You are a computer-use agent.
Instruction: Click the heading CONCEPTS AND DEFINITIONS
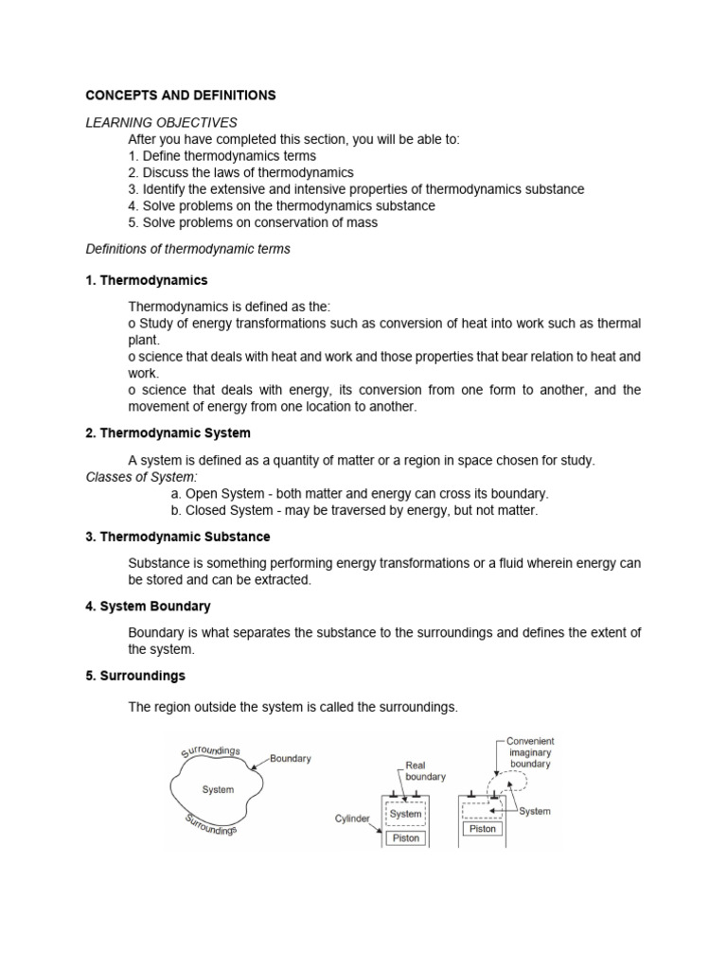(181, 96)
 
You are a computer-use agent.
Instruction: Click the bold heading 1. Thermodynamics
(147, 281)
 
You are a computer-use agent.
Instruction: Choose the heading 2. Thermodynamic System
(168, 432)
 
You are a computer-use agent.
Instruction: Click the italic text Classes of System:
(142, 477)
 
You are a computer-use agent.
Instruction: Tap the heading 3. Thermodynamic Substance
(178, 537)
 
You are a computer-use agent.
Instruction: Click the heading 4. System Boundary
(149, 606)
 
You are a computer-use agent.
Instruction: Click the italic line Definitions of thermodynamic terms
(188, 249)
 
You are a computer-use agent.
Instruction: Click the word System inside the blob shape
(218, 789)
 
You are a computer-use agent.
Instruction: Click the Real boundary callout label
(425, 770)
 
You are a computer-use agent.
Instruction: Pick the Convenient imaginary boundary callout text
(530, 751)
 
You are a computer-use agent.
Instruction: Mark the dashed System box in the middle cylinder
(405, 814)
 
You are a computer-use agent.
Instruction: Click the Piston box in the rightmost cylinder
(482, 829)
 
